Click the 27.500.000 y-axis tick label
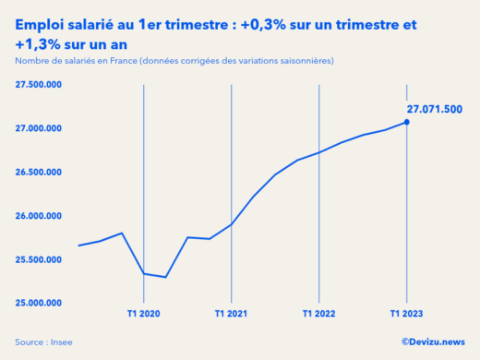click(x=38, y=85)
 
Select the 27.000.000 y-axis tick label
click(x=38, y=128)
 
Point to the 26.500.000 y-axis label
click(x=38, y=172)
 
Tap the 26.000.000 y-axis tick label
click(x=38, y=216)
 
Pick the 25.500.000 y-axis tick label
click(x=38, y=259)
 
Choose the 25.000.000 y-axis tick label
click(x=38, y=303)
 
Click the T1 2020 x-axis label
click(x=143, y=315)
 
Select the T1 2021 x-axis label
click(x=231, y=315)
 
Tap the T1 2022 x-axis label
click(x=318, y=315)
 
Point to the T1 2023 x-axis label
click(x=407, y=315)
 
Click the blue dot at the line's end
click(x=407, y=122)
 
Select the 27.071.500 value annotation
click(x=435, y=107)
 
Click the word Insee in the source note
click(x=61, y=342)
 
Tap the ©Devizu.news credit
click(x=433, y=342)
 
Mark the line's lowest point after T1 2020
click(x=165, y=277)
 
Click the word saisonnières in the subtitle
click(x=299, y=61)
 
